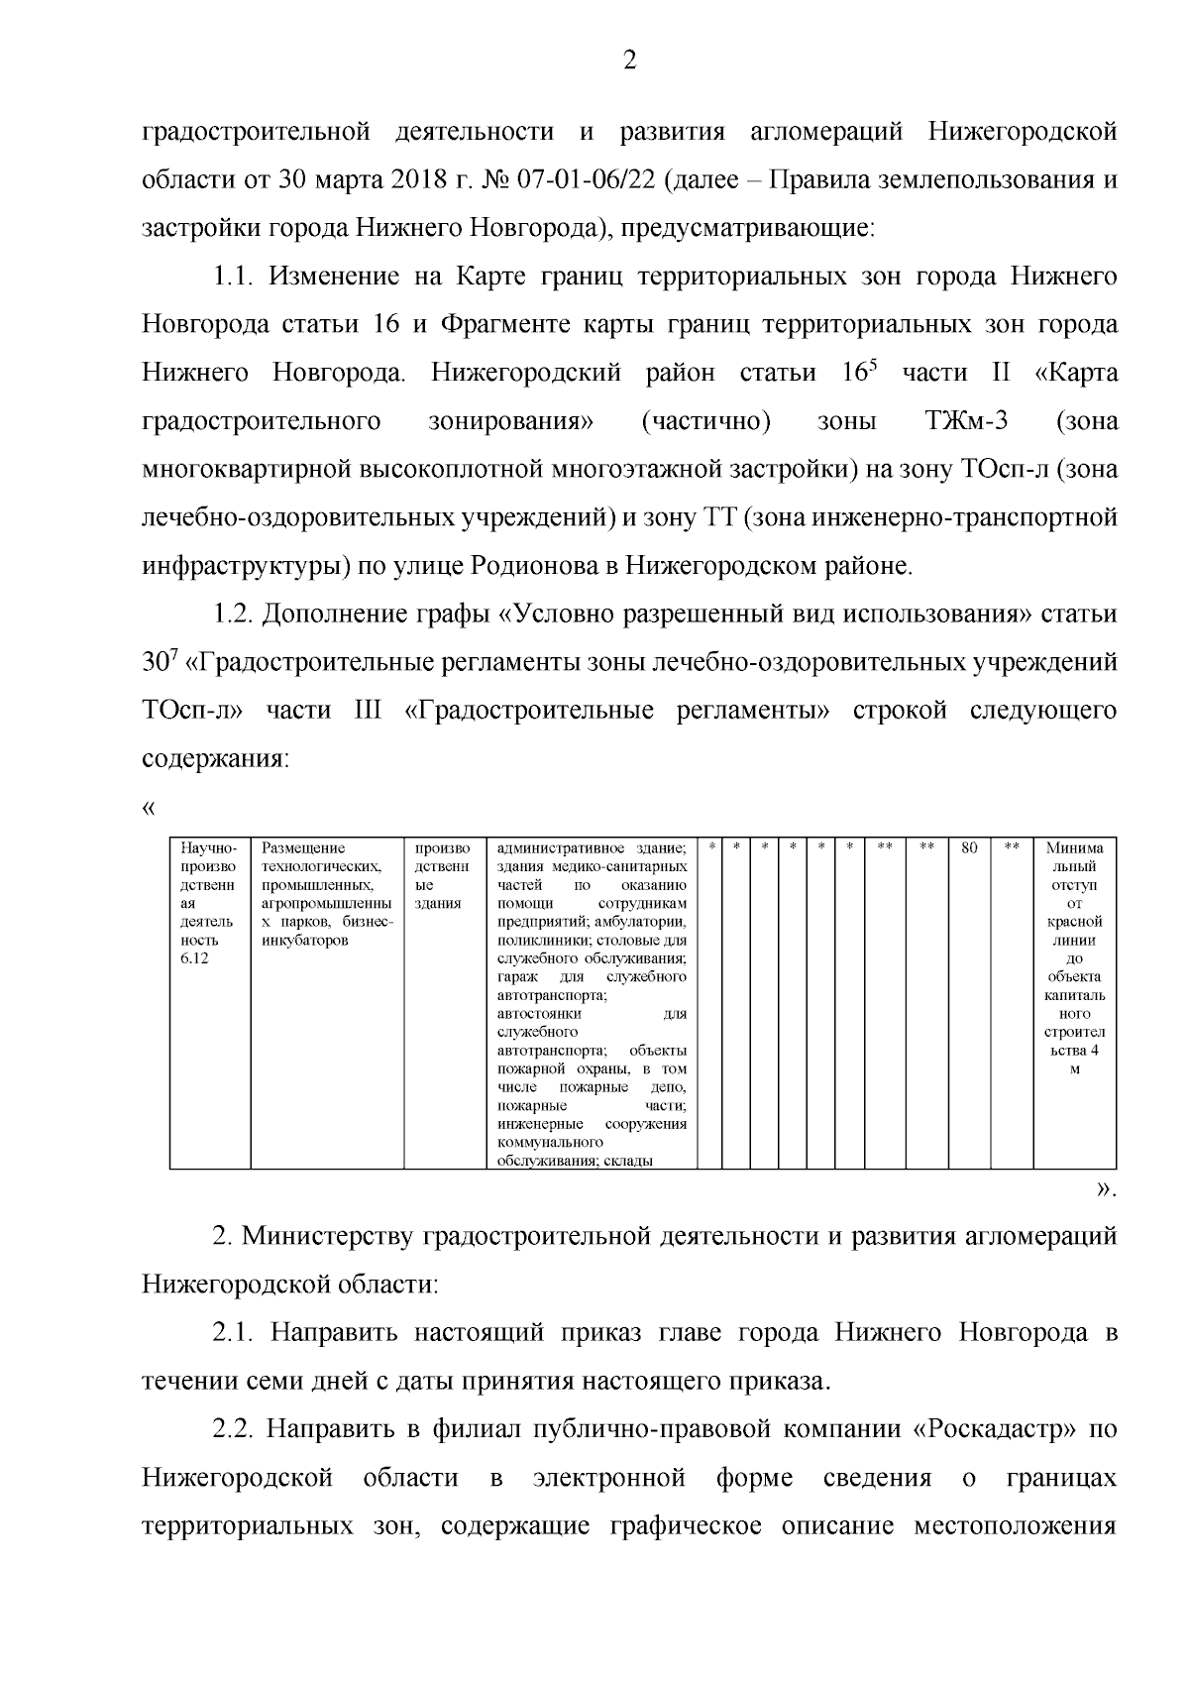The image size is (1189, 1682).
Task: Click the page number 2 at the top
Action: point(628,62)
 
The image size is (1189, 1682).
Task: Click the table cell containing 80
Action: point(970,848)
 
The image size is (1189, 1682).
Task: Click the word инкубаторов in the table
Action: point(304,941)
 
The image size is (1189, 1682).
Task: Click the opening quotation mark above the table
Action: point(150,808)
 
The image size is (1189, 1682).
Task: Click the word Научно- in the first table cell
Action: point(203,848)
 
